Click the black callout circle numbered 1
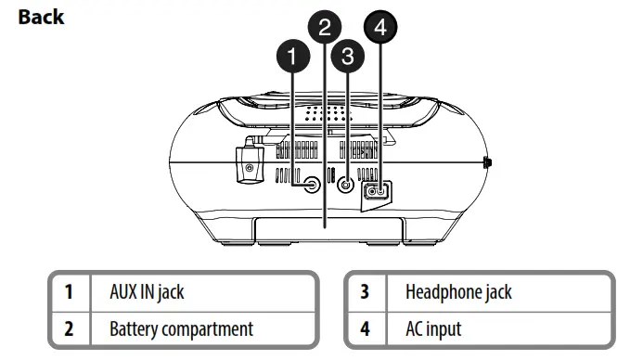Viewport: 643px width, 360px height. (293, 58)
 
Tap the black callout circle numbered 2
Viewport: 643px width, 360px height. (324, 27)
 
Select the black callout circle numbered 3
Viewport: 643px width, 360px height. (347, 58)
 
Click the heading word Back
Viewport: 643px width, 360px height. (41, 17)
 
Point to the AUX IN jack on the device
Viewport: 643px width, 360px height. (313, 184)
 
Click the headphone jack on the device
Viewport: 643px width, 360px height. (346, 185)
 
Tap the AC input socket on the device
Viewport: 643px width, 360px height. (377, 191)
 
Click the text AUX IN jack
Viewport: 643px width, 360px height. (147, 292)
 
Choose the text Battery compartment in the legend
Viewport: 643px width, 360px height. (181, 328)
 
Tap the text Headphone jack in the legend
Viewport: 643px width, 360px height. (458, 292)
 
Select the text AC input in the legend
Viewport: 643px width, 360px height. (433, 328)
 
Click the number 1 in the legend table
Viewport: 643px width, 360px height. (70, 292)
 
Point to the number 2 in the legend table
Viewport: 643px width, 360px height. (70, 328)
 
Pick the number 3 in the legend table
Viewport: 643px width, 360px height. (365, 292)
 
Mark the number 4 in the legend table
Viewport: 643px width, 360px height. (365, 328)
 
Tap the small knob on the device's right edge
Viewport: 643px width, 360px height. (488, 164)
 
